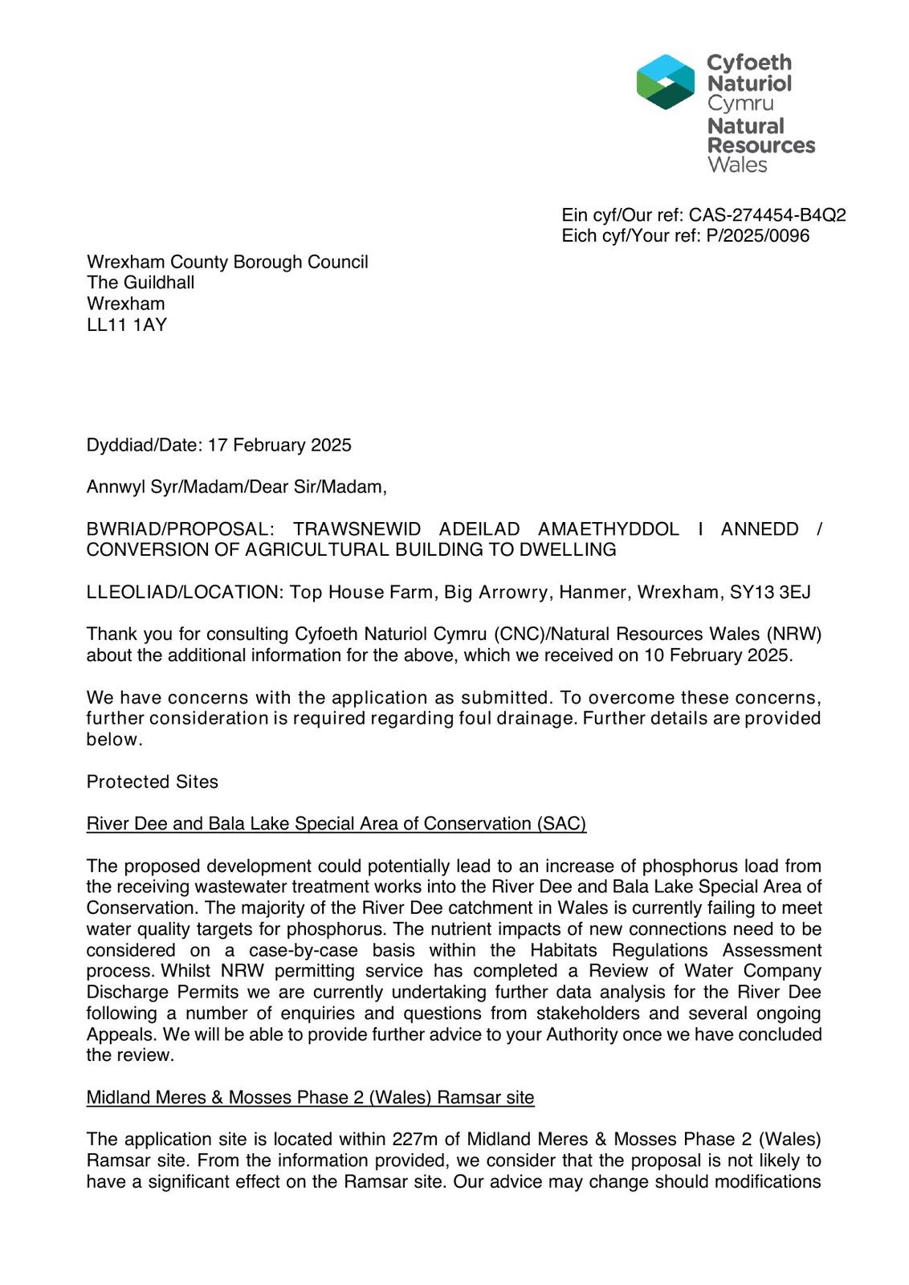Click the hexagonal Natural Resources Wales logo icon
pyautogui.click(x=665, y=82)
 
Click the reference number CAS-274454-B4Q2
pyautogui.click(x=767, y=215)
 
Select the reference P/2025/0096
pyautogui.click(x=758, y=236)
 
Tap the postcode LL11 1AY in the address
pyautogui.click(x=127, y=324)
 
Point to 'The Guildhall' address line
pyautogui.click(x=141, y=283)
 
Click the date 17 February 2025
pyautogui.click(x=279, y=445)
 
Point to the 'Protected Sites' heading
pyautogui.click(x=153, y=782)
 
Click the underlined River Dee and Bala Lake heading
pyautogui.click(x=336, y=824)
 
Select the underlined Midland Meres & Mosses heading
pyautogui.click(x=310, y=1098)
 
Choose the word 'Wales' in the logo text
pyautogui.click(x=737, y=165)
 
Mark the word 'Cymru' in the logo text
pyautogui.click(x=740, y=104)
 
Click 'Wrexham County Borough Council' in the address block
pyautogui.click(x=227, y=262)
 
